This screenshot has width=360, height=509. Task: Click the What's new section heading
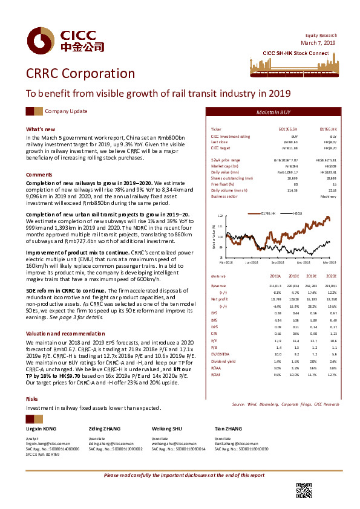pos(41,129)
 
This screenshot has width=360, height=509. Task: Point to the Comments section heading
pos(39,174)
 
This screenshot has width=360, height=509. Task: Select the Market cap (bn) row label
pos(223,165)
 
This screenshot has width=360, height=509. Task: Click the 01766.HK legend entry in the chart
pos(268,213)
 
